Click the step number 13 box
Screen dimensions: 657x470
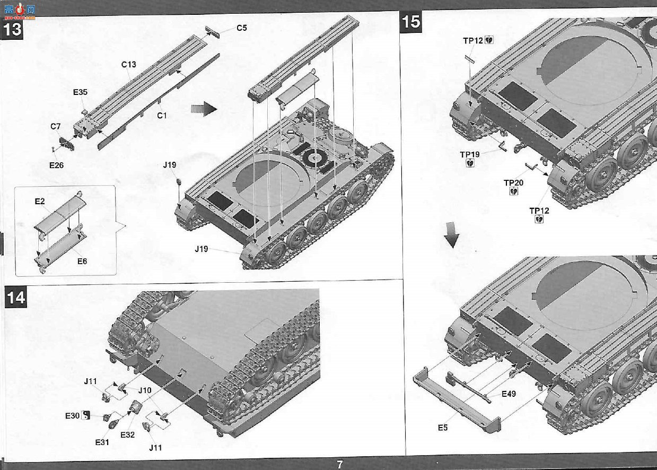coord(12,29)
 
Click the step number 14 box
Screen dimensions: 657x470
coord(15,297)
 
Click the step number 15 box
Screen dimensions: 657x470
coord(411,22)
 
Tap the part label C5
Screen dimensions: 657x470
coord(242,28)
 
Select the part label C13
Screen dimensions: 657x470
coord(129,64)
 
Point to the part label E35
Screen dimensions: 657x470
coord(80,92)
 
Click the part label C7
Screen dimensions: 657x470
coord(56,126)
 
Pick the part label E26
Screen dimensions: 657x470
coord(56,166)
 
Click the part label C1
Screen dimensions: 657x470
coord(162,116)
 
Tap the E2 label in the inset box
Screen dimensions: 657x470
coord(40,201)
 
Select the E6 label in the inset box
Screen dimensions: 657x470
coord(82,261)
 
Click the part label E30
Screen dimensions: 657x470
coord(73,416)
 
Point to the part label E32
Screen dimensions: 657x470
coord(127,435)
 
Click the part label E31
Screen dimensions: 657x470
coord(102,442)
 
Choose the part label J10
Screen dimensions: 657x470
coord(145,390)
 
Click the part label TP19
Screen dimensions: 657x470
coord(470,154)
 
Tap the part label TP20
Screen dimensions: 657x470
coord(514,183)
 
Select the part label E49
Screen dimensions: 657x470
coord(509,394)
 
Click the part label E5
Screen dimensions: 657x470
coord(443,428)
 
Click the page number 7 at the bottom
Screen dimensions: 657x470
coord(340,464)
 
